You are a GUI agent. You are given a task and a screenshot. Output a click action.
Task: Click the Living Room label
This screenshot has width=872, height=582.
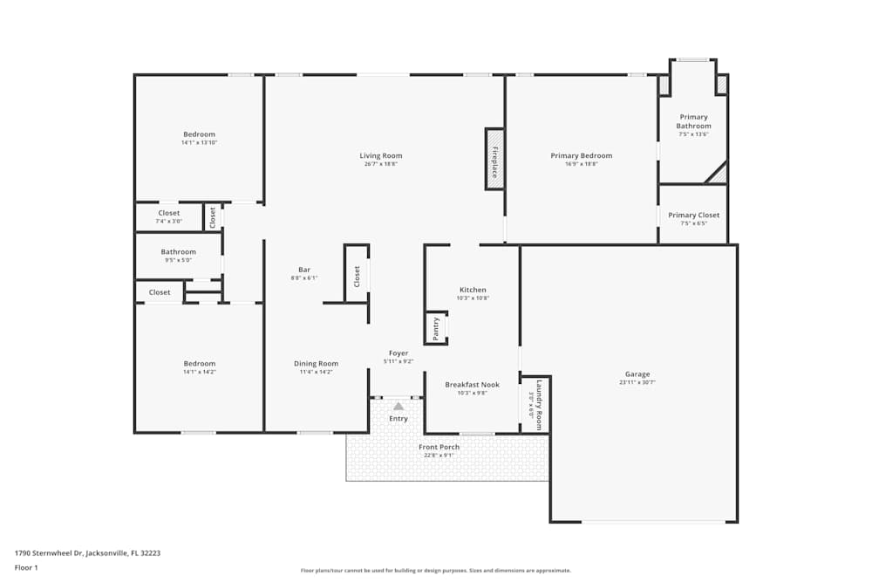click(x=381, y=156)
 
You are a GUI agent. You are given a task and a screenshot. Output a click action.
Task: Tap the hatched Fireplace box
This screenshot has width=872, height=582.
click(x=494, y=159)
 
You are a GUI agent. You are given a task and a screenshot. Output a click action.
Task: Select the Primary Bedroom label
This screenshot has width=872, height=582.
click(x=581, y=156)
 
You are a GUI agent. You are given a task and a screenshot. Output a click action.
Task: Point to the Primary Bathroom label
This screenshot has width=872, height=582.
click(x=693, y=121)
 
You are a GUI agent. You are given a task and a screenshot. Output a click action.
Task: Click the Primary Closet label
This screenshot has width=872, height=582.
click(x=693, y=216)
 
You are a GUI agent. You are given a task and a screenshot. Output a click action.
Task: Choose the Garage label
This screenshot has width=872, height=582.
click(x=637, y=374)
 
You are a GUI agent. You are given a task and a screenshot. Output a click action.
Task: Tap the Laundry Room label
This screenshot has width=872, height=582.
click(x=539, y=404)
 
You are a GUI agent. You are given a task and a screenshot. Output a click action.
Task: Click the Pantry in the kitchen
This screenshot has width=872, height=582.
click(x=436, y=328)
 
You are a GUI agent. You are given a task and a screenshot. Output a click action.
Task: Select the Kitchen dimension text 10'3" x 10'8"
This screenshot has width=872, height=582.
click(x=473, y=298)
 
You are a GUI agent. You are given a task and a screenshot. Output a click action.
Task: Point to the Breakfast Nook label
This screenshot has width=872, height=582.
click(x=472, y=385)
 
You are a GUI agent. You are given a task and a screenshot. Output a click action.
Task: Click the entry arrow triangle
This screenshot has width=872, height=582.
click(x=399, y=406)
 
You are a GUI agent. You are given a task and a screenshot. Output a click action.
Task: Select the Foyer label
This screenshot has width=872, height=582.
click(x=399, y=353)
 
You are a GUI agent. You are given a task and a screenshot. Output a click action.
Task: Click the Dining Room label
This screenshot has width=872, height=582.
click(x=316, y=364)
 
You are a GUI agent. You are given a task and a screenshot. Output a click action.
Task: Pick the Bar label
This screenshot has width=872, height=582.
click(x=304, y=270)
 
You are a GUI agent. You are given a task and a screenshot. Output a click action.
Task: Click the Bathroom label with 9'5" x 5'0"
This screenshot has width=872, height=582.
click(x=178, y=252)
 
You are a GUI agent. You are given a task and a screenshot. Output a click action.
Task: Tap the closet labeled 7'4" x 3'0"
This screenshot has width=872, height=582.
click(x=169, y=216)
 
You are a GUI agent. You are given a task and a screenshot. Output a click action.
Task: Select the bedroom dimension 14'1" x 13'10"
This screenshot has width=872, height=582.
click(x=199, y=142)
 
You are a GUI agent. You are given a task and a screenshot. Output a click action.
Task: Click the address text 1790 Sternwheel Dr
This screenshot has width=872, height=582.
click(x=87, y=552)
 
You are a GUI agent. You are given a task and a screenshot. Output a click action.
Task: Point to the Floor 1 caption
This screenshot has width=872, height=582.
click(x=26, y=567)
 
